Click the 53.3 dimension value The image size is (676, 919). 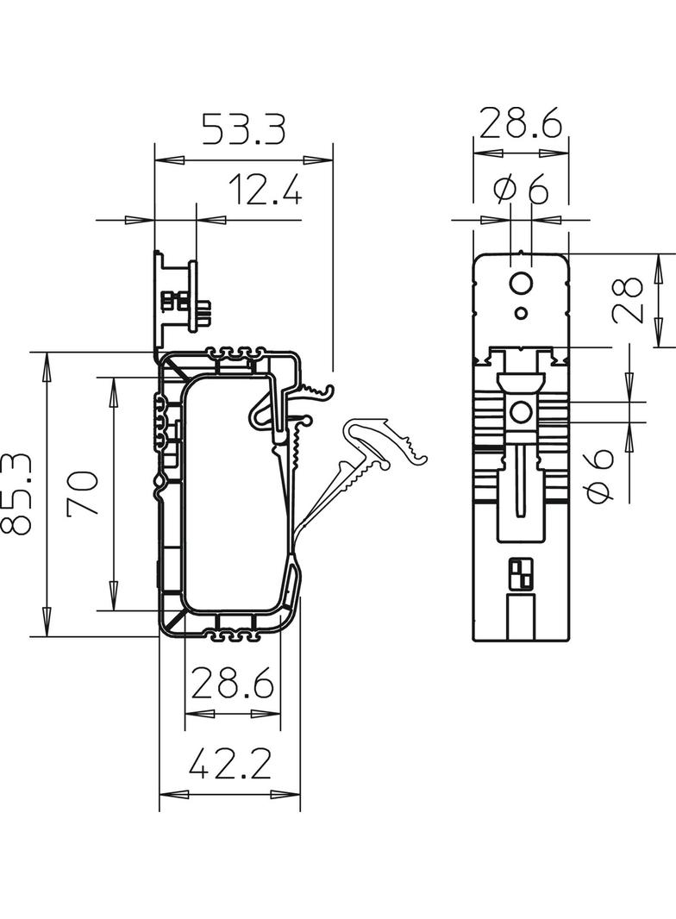pos(243,129)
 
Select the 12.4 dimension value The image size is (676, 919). pos(266,190)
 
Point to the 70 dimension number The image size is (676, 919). pos(84,494)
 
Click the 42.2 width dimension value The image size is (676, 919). pos(230,764)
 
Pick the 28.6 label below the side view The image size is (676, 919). pos(232,685)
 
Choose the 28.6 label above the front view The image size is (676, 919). pos(521,124)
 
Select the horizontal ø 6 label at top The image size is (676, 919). pos(521,190)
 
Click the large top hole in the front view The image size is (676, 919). pos(521,283)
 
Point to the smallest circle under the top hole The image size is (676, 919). pos(521,312)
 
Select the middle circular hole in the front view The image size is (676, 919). pos(521,413)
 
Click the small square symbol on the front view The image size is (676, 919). pos(522,573)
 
